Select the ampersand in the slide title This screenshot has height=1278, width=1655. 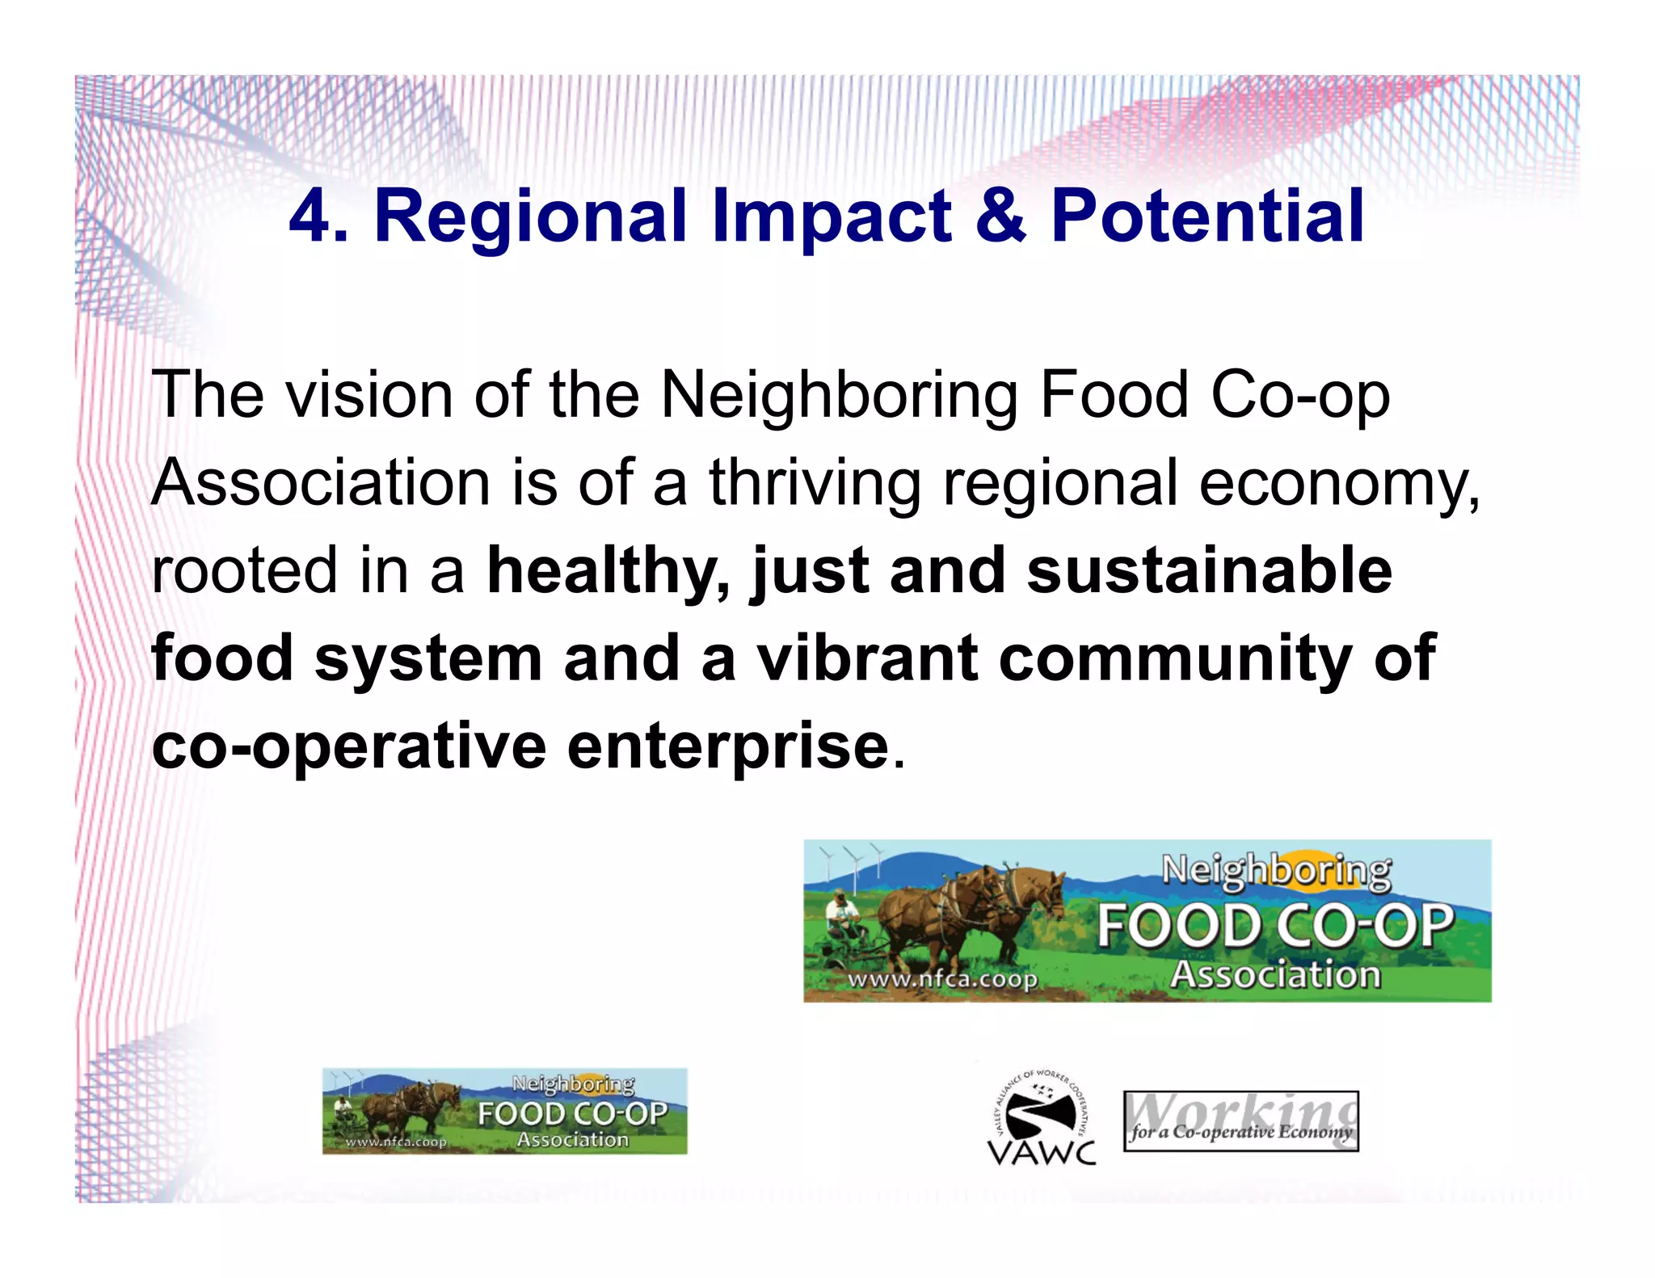pos(1000,216)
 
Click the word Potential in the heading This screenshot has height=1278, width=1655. pos(1207,217)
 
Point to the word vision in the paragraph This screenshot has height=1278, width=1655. pos(369,396)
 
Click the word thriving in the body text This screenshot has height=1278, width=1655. pos(815,483)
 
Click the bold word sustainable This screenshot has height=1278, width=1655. pos(1209,570)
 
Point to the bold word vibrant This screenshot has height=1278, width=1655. pos(867,658)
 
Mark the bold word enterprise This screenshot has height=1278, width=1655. pos(728,746)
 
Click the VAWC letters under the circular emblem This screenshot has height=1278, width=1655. pos(1042,1152)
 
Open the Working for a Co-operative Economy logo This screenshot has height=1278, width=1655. pos(1240,1121)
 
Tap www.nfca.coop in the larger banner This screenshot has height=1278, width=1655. pos(941,980)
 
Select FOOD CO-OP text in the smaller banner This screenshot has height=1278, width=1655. pos(572,1114)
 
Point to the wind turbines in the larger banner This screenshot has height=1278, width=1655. pos(851,863)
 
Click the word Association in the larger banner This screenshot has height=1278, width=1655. pos(1275,975)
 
